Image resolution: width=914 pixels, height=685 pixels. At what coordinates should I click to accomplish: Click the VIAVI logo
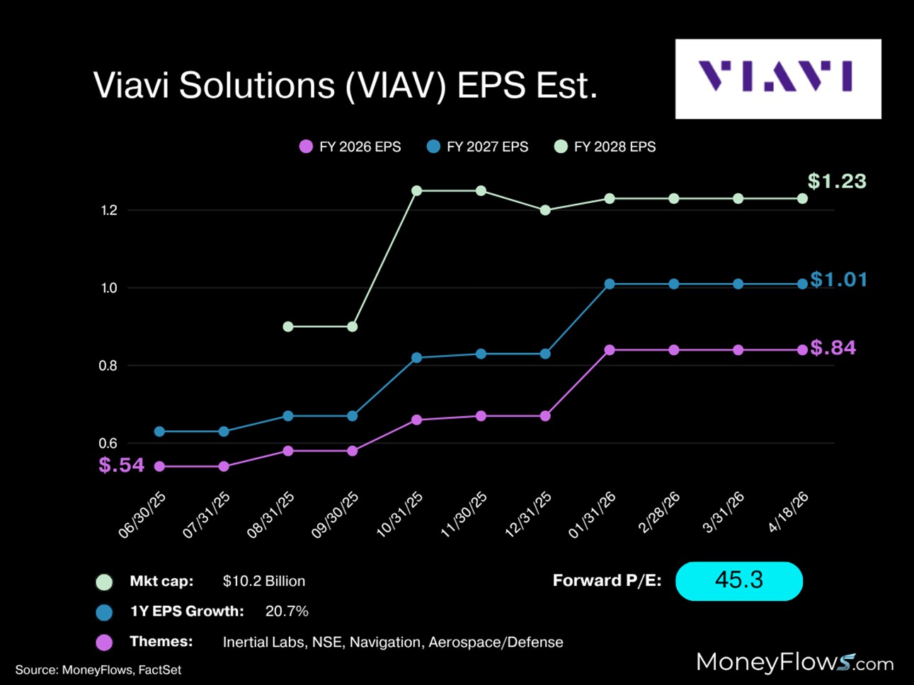[x=777, y=78]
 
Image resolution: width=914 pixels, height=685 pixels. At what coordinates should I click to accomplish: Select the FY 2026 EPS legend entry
[x=350, y=146]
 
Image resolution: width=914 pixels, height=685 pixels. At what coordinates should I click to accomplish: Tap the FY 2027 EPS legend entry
[x=478, y=146]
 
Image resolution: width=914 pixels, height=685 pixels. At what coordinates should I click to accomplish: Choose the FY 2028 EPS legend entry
[x=605, y=146]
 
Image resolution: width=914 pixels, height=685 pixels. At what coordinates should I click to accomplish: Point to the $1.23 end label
[x=837, y=181]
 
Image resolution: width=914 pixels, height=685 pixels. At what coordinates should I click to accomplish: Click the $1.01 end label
[x=839, y=280]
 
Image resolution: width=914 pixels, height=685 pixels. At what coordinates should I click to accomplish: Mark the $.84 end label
[x=833, y=347]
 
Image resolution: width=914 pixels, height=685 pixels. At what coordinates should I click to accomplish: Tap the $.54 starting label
[x=122, y=465]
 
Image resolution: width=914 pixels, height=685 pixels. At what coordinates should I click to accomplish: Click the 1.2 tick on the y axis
[x=109, y=210]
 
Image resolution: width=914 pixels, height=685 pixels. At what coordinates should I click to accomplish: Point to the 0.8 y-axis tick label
[x=108, y=366]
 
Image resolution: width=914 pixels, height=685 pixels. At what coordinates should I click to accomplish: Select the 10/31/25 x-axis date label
[x=400, y=514]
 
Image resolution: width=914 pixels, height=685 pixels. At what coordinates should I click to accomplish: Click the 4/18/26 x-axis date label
[x=789, y=512]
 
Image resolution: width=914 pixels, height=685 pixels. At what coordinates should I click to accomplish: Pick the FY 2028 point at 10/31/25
[x=417, y=191]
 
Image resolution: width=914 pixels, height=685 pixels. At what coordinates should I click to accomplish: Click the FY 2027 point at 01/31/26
[x=610, y=284]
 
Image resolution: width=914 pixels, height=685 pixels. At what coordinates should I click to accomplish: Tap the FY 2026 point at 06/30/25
[x=159, y=466]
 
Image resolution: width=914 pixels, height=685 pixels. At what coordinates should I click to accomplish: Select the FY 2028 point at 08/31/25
[x=288, y=327]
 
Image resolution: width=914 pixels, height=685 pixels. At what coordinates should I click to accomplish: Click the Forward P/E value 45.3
[x=739, y=580]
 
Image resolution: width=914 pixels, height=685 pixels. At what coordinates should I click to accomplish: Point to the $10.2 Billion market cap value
[x=264, y=581]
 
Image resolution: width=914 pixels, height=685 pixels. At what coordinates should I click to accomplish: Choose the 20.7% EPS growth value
[x=287, y=611]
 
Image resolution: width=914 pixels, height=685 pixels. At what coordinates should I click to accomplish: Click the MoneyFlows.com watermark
[x=794, y=662]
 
